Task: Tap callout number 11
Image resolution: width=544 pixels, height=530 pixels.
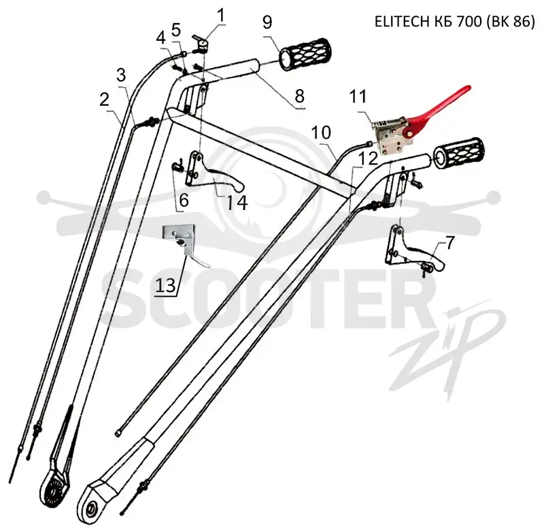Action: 358,96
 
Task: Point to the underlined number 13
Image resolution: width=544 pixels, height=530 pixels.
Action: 165,286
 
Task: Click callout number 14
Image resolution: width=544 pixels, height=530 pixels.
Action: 237,202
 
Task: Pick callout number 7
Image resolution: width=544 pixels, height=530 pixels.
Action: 449,243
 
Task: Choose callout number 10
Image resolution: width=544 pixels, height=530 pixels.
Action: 321,132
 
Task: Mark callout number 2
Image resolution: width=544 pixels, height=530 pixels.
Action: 104,100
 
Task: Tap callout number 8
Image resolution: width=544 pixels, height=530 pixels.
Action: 299,96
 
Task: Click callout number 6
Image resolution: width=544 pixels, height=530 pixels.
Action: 184,200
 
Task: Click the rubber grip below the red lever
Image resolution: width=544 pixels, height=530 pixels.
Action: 458,154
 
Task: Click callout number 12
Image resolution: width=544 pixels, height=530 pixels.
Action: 368,158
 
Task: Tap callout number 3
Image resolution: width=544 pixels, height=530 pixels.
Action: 121,75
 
